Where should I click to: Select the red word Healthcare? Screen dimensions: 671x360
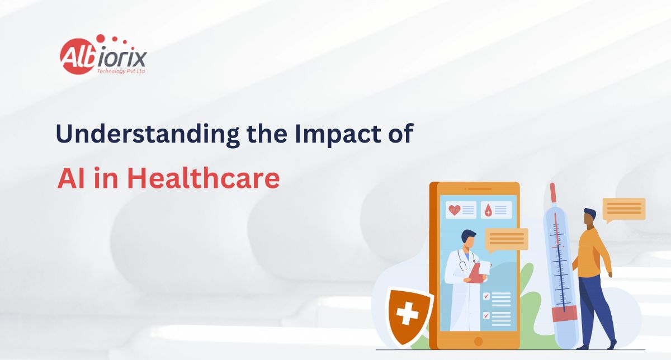point(204,178)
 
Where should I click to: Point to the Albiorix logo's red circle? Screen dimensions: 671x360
point(78,56)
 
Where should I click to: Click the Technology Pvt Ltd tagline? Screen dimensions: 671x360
point(121,72)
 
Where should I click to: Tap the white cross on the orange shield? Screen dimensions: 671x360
point(407,313)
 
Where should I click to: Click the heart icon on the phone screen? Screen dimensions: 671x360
point(455,210)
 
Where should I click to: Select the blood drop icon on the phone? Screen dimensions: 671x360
point(488,210)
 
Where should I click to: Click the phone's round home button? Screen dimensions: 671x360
point(479,341)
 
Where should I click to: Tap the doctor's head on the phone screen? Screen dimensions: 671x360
point(468,239)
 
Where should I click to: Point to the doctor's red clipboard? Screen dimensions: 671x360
point(477,273)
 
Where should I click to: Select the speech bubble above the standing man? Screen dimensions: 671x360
point(623,210)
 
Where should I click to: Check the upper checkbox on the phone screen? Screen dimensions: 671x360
point(486,296)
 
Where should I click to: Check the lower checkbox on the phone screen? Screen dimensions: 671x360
point(486,315)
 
